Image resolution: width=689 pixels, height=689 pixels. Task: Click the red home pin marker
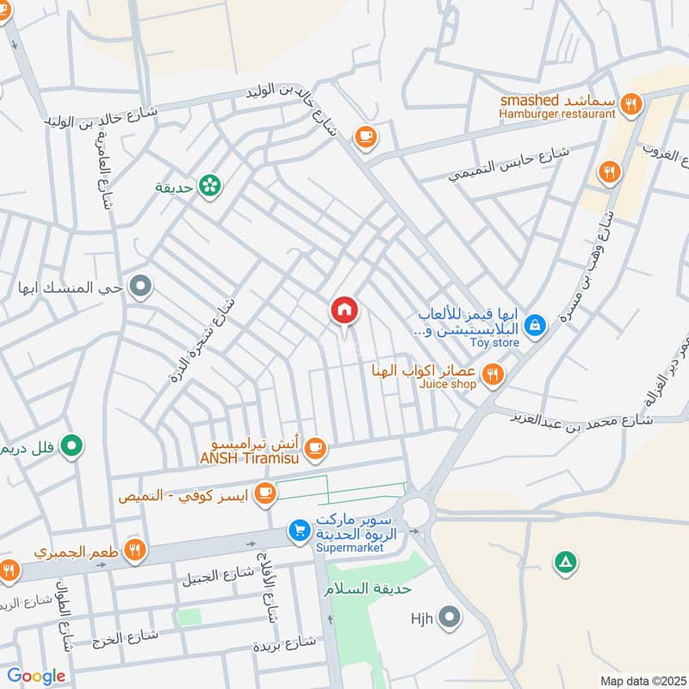(x=344, y=310)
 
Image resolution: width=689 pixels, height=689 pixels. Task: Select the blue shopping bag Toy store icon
(x=535, y=325)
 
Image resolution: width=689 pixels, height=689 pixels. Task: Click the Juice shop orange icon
(x=493, y=374)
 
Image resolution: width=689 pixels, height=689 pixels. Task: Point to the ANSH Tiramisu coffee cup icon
(x=316, y=446)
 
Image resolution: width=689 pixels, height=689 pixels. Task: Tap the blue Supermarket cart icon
(x=299, y=531)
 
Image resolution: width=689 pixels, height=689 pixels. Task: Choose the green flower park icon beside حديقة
(x=208, y=184)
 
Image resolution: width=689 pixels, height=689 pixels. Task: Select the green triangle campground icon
(x=564, y=563)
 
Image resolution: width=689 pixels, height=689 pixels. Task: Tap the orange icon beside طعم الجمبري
(x=133, y=549)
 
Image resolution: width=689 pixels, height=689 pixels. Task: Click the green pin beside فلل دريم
(x=74, y=445)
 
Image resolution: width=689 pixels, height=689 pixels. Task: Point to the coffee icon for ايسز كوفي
(x=264, y=493)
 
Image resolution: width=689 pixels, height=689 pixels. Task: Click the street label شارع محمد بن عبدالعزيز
(x=587, y=419)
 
